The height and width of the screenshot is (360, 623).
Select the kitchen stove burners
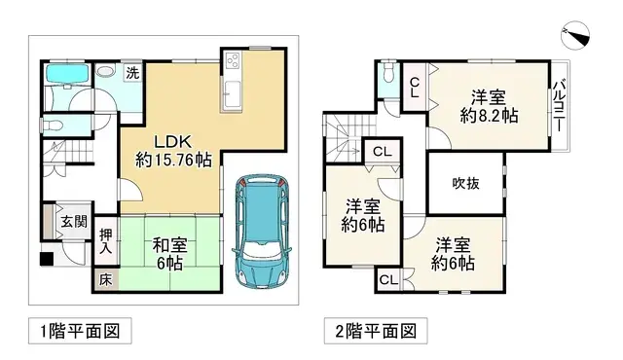tap(235, 61)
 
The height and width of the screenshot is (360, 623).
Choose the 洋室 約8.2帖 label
tap(489, 105)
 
